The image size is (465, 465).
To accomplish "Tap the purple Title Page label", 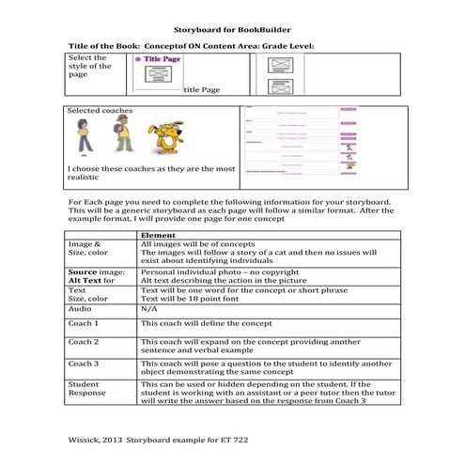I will (163, 60).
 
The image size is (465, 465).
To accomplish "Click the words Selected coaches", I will (101, 111).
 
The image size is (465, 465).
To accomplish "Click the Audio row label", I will (80, 306).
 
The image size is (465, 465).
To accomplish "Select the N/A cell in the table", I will (149, 306).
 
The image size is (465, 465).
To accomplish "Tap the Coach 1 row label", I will (85, 322).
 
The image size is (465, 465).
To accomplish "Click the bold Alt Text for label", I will (91, 280).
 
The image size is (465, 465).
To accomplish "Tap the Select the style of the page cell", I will (90, 67).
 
